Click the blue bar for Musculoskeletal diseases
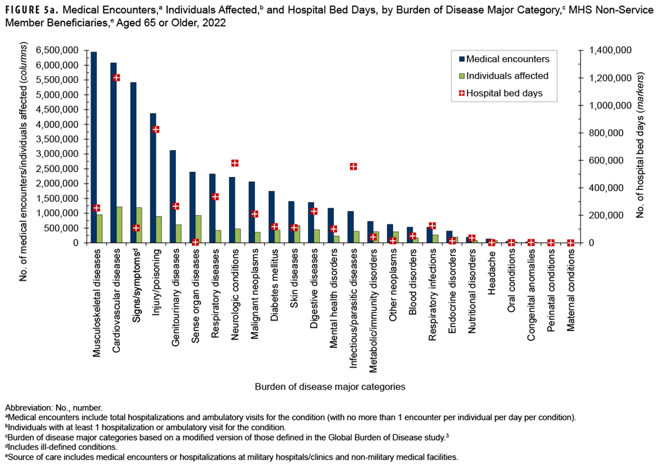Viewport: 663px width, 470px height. (x=93, y=144)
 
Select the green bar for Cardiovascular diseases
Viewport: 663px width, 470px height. (x=119, y=225)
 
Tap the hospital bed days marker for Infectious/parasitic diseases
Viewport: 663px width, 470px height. (x=353, y=167)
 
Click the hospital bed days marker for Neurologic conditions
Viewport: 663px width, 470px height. (x=235, y=163)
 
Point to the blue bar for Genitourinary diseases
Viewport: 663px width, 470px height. (x=172, y=196)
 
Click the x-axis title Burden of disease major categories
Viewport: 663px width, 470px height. (x=330, y=386)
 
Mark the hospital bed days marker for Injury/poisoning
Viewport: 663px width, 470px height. (x=156, y=129)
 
